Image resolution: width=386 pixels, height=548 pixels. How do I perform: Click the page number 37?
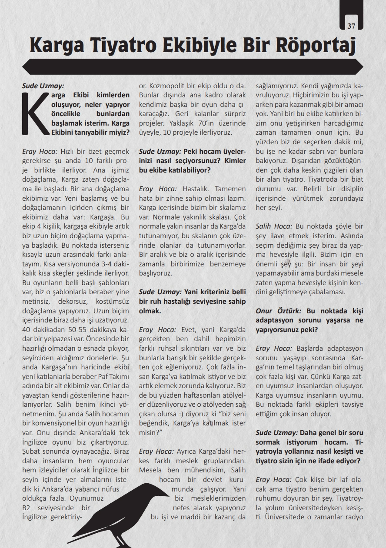pyautogui.click(x=352, y=26)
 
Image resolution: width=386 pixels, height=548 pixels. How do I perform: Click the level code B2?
pyautogui.click(x=28, y=508)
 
